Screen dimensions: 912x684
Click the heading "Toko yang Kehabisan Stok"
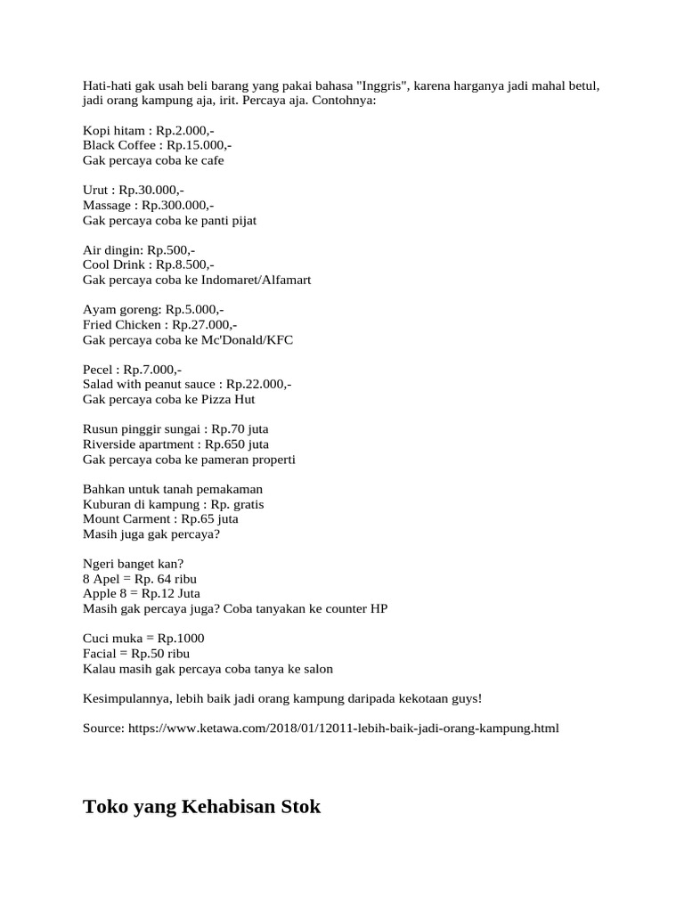pyautogui.click(x=201, y=808)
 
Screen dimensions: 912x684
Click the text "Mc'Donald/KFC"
pyautogui.click(x=250, y=340)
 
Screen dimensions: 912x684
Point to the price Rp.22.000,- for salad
pyautogui.click(x=258, y=385)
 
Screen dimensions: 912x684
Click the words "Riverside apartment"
pyautogui.click(x=138, y=444)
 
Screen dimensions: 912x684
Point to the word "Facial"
pyautogui.click(x=100, y=654)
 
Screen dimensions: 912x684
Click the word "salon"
pyautogui.click(x=316, y=669)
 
